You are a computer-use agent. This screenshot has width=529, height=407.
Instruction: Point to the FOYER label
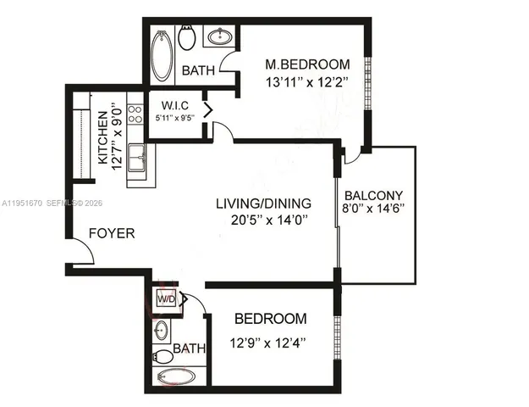click(112, 232)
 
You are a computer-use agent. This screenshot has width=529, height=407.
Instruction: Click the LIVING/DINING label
click(263, 203)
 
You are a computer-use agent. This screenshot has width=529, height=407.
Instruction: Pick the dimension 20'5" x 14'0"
click(263, 220)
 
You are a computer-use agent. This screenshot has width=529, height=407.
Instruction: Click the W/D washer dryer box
click(166, 299)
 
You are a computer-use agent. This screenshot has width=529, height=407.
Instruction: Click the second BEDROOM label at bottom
click(270, 319)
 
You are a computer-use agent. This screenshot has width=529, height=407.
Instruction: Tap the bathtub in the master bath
click(161, 56)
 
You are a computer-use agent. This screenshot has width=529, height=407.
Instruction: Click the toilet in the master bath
click(188, 37)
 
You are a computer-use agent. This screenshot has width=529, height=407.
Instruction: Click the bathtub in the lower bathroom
click(177, 376)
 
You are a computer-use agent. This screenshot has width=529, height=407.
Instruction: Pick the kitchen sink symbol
click(136, 157)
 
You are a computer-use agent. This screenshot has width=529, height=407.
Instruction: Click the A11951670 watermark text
click(23, 203)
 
